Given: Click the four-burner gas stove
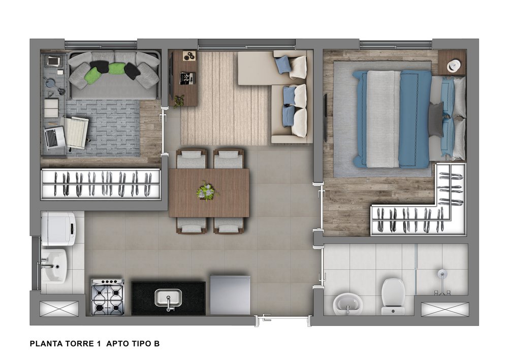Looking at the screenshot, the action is [x=108, y=297].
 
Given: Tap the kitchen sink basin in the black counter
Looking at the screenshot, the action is [x=168, y=298].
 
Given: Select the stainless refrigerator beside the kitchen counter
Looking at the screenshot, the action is [x=230, y=295].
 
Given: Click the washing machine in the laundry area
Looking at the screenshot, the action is [x=58, y=228].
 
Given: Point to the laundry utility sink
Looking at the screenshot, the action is [x=54, y=266].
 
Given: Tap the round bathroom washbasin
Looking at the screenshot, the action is [x=347, y=304].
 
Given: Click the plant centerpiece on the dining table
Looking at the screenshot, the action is [x=206, y=191].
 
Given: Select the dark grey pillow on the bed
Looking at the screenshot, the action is [x=436, y=119].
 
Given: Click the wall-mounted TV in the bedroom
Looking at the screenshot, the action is [x=325, y=118].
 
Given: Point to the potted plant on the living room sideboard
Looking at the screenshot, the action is [x=178, y=101].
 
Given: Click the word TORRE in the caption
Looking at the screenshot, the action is [x=83, y=343].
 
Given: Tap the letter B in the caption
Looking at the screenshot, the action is [x=157, y=343].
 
